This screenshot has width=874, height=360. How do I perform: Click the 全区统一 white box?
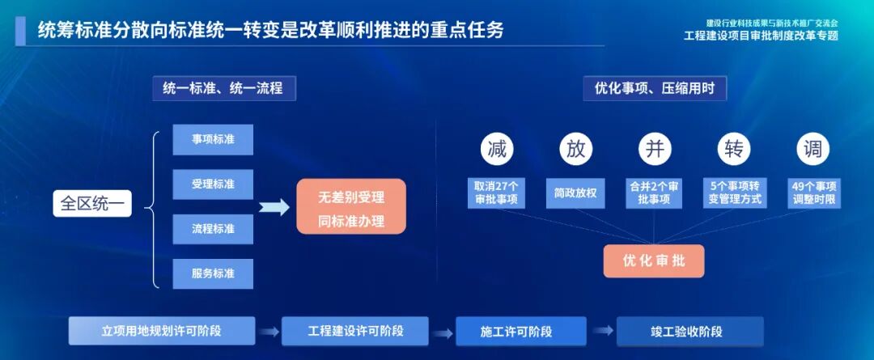92,202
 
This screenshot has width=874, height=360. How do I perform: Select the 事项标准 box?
213,139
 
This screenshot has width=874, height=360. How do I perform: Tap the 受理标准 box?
213,184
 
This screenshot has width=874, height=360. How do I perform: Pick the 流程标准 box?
213,229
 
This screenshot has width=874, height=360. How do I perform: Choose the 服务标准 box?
213,273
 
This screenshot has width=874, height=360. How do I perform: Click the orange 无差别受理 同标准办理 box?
350,207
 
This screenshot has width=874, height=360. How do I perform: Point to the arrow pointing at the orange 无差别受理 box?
274,207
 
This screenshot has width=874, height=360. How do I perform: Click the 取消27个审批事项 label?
497,193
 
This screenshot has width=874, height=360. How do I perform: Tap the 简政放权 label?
575,193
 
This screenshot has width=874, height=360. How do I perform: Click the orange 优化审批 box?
654,260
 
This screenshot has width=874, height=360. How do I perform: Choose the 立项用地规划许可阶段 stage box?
162,331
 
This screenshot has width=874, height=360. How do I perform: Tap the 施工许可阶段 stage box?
521,331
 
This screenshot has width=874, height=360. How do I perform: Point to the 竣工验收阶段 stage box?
690,331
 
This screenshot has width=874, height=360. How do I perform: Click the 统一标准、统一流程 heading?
223,88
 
